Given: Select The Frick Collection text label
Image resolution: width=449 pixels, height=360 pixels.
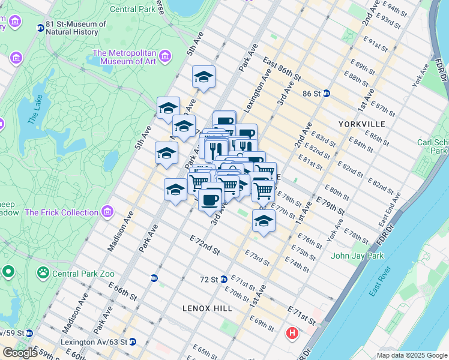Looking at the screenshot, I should [x=62, y=212].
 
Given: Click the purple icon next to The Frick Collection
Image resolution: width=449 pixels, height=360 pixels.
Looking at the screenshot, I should [x=107, y=212].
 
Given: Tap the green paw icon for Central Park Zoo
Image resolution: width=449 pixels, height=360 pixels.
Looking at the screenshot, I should [x=44, y=274].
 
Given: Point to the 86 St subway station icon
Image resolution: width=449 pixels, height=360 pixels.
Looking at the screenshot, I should [x=327, y=94].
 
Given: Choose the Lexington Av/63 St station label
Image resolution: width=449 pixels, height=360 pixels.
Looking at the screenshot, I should [x=94, y=342].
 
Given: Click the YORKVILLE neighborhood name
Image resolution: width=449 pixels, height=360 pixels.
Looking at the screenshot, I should [x=361, y=124].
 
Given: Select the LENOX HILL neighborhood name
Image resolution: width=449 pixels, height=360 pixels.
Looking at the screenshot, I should [x=207, y=308].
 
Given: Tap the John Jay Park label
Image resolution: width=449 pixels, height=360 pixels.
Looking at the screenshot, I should [x=357, y=256].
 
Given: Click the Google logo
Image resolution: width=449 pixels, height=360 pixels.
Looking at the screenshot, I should [x=20, y=353].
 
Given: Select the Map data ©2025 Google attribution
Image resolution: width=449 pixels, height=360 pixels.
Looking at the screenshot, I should [x=411, y=355].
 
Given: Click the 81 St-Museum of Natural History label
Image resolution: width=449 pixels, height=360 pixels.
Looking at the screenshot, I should [x=76, y=29].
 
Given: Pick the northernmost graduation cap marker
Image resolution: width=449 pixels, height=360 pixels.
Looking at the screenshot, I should [x=204, y=76].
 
